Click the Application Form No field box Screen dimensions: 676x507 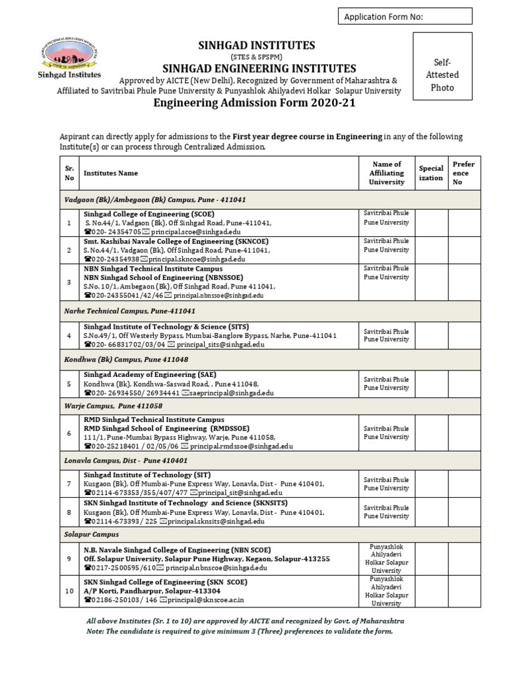tap(405, 17)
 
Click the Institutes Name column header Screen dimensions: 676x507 tap(111, 173)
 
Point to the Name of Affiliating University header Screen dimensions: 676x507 tap(387, 173)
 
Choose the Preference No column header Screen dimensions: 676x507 tap(463, 173)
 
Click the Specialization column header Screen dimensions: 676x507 tap(430, 173)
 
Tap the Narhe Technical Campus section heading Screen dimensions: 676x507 tap(129, 310)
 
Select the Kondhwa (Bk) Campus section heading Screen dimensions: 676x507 tap(126, 359)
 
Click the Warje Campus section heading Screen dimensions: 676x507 tap(113, 406)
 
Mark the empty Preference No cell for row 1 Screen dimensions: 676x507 tap(463, 223)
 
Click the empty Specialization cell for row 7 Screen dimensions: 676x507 tap(430, 484)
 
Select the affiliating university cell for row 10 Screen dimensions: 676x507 tap(387, 591)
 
